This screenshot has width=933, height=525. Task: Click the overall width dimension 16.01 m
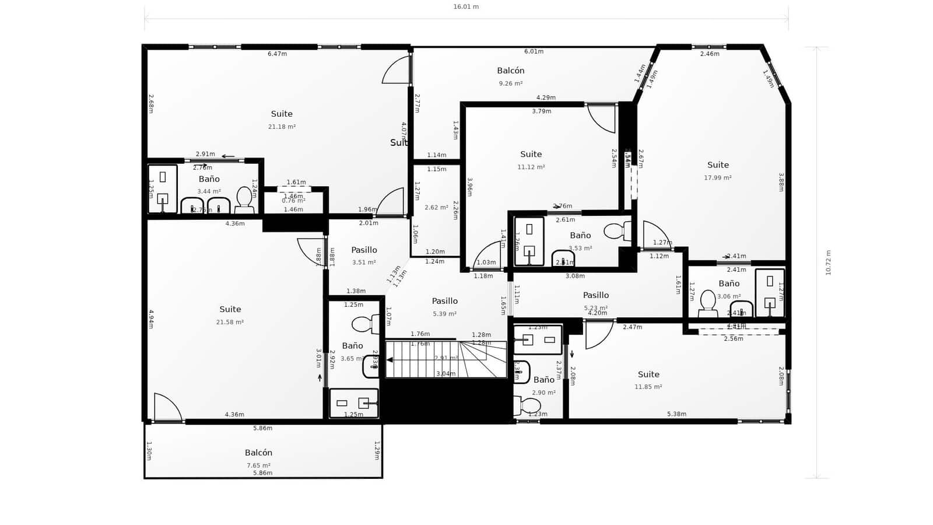click(x=466, y=7)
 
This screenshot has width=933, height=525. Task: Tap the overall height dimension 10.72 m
click(x=828, y=262)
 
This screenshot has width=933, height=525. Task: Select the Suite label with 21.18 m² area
click(x=282, y=114)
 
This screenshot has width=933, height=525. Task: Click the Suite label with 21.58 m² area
click(x=230, y=309)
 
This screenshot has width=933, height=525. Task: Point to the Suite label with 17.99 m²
click(x=718, y=165)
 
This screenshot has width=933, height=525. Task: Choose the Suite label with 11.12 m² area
click(x=531, y=155)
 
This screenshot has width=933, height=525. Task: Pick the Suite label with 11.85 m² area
click(x=648, y=374)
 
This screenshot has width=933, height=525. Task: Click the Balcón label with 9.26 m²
click(x=511, y=71)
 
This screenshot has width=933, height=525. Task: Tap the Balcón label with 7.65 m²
click(x=258, y=453)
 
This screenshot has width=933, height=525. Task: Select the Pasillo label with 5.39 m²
click(x=444, y=301)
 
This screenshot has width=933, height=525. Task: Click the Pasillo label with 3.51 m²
click(x=364, y=250)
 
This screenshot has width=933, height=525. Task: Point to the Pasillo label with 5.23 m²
click(x=596, y=296)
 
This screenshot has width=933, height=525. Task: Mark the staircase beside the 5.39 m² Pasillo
click(x=446, y=359)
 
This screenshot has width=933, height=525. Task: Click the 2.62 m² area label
click(x=436, y=208)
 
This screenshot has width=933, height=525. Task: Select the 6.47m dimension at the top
click(x=277, y=54)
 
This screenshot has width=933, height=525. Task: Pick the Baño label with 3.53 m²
click(x=580, y=236)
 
